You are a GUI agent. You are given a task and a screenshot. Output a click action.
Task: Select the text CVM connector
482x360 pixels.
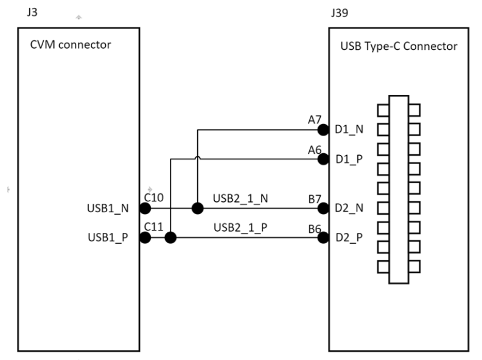tap(71, 44)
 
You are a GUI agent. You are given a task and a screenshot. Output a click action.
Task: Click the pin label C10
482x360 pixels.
tap(153, 198)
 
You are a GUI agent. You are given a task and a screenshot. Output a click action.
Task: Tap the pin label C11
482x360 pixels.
tap(153, 227)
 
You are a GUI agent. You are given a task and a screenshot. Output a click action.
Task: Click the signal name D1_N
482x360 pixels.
tap(349, 130)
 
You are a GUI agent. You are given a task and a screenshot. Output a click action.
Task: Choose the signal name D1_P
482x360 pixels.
tap(349, 159)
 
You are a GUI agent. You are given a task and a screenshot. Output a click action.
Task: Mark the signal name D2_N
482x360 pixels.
tap(349, 208)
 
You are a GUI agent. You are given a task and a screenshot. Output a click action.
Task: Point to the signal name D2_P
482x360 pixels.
tap(349, 237)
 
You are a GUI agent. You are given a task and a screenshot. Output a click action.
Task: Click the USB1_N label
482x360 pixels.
tap(108, 208)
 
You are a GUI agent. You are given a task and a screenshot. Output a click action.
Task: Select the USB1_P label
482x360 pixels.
tap(108, 237)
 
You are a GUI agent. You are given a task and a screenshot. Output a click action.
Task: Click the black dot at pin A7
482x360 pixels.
tap(323, 130)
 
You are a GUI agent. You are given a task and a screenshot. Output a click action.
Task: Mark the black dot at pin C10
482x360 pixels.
tap(145, 209)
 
